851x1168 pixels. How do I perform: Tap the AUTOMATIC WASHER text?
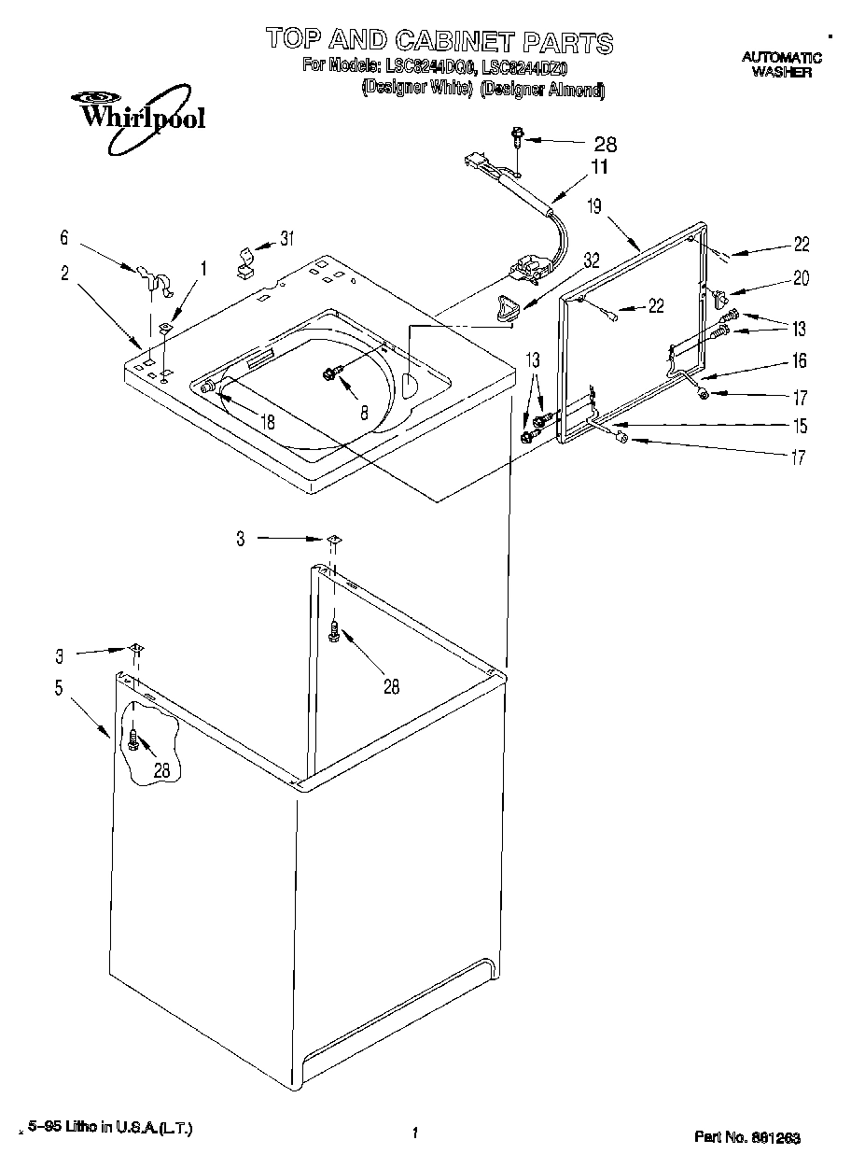pos(781,64)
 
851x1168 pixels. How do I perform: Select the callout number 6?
pos(64,238)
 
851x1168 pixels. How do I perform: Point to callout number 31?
pos(286,238)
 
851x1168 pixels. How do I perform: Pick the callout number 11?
pos(598,167)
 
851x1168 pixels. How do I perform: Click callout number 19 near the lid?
pos(594,206)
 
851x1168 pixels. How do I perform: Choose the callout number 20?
pos(801,277)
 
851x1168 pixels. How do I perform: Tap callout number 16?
pos(800,361)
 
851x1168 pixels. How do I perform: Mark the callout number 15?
pos(800,427)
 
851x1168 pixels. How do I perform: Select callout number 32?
pos(592,260)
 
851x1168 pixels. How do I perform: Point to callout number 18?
pos(268,422)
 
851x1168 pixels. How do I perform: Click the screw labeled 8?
pos(329,373)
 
